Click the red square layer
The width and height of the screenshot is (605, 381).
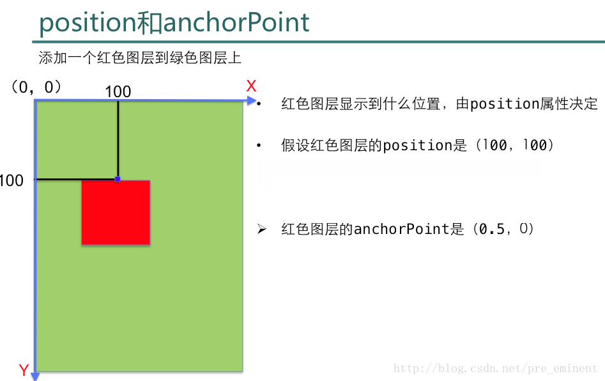tap(116, 212)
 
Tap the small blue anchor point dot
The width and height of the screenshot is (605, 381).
tap(118, 179)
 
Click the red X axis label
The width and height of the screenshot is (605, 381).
tap(251, 86)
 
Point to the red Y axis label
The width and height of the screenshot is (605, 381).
tap(24, 370)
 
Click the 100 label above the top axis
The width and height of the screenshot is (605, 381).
tap(118, 91)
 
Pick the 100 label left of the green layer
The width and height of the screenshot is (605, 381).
tap(11, 180)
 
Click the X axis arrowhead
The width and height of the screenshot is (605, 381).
tap(252, 101)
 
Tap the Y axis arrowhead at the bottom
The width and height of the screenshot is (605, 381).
tap(35, 377)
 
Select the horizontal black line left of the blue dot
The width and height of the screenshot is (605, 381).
tap(75, 180)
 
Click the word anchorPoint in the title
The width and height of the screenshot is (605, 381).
tap(236, 22)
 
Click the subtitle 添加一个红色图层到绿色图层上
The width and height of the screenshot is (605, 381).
tap(140, 58)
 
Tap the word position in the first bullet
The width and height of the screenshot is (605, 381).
tap(505, 104)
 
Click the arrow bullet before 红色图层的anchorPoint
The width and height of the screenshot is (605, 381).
tap(261, 229)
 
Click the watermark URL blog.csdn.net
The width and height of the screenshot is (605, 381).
tap(495, 368)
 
